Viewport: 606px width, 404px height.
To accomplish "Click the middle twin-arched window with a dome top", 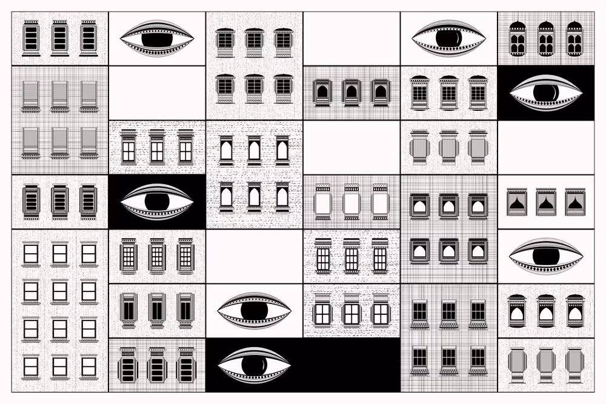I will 545,39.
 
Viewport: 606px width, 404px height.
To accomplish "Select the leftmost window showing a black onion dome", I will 516,202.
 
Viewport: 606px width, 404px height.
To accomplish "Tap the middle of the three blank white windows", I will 351,202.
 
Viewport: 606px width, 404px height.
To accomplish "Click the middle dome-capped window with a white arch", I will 545,311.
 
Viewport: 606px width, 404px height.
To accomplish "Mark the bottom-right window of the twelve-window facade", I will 88,366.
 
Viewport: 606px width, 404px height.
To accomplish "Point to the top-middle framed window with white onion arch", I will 448,206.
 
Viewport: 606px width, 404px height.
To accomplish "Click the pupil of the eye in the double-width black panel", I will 254,365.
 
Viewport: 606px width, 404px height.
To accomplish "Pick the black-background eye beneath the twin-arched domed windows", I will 545,93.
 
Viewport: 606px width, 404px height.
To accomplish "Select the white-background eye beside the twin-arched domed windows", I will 448,39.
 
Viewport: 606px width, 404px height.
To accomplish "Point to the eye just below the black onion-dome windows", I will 545,256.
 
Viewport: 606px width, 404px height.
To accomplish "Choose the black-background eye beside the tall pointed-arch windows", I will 157,202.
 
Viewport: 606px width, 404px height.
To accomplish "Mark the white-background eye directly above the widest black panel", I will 254,311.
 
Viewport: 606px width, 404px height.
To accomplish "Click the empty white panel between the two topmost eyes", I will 351,39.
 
